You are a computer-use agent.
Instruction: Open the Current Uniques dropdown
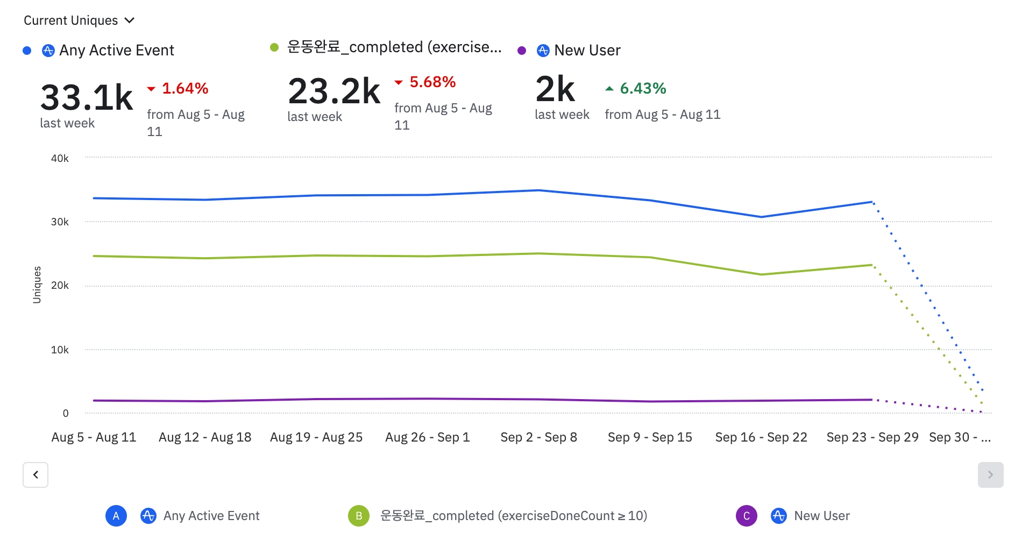(x=79, y=20)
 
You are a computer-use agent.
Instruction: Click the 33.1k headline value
(x=87, y=98)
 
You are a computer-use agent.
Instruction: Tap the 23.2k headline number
(x=334, y=91)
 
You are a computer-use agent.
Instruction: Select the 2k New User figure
(x=555, y=89)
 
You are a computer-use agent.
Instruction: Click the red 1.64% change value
(x=184, y=88)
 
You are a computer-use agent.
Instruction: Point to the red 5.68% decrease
(x=432, y=82)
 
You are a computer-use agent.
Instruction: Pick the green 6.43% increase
(x=642, y=88)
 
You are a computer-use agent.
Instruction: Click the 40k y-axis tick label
(x=60, y=159)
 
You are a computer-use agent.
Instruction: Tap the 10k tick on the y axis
(x=60, y=350)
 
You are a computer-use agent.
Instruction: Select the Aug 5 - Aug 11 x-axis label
(x=94, y=437)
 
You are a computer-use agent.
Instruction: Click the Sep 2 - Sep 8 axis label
(x=538, y=437)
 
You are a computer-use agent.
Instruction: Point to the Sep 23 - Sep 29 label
(x=872, y=437)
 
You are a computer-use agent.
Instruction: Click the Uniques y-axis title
(x=37, y=285)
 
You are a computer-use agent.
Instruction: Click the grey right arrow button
(x=990, y=475)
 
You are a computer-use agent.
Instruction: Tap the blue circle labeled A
(x=116, y=516)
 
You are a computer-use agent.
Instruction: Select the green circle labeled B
(x=359, y=516)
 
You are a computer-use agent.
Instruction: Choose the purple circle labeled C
(x=746, y=516)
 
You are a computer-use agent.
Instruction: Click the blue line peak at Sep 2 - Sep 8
(x=538, y=190)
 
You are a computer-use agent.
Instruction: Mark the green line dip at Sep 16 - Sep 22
(x=761, y=274)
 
